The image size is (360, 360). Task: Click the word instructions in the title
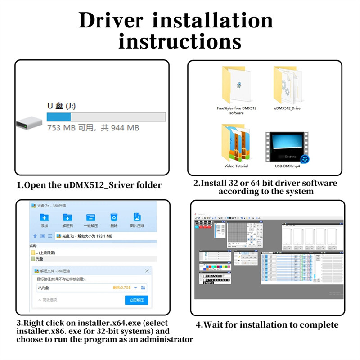[x=180, y=41]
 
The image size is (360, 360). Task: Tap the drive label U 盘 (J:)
[x=61, y=106]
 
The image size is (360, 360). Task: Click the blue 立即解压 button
[x=136, y=300]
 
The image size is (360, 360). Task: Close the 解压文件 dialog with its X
[x=147, y=271]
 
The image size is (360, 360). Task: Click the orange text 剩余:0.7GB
[x=122, y=287]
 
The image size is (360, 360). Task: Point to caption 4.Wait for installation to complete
[x=267, y=325]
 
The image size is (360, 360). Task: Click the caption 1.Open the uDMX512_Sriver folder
[x=89, y=185]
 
